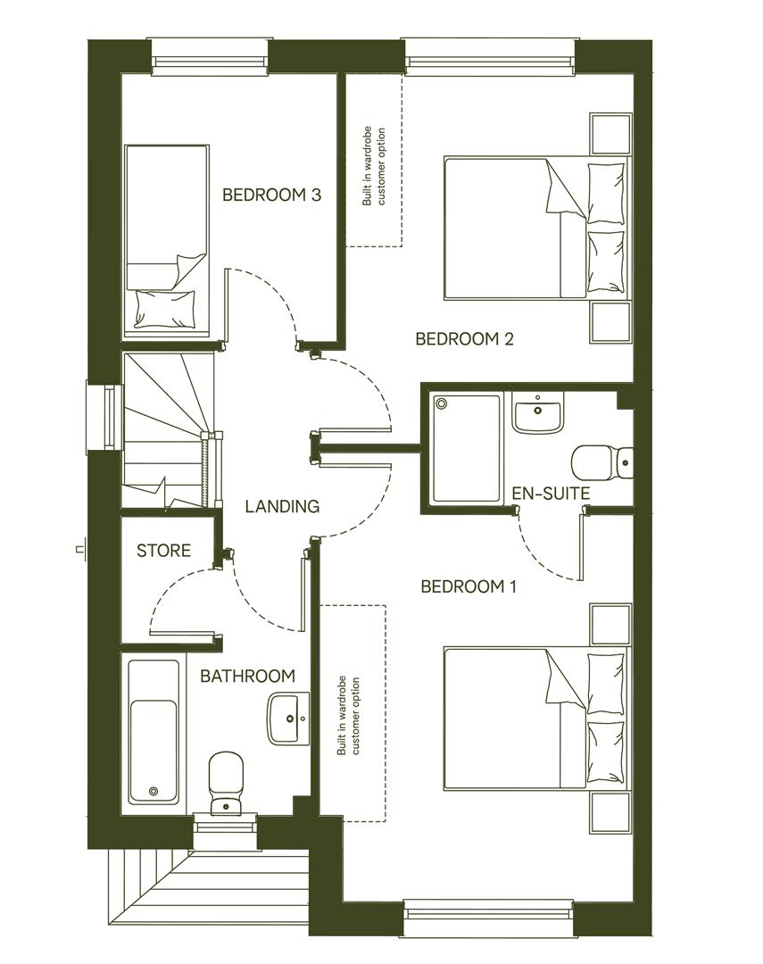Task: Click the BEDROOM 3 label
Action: (271, 195)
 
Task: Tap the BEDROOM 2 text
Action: (465, 339)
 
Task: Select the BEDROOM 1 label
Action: (469, 586)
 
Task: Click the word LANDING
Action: (282, 506)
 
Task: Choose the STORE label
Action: (163, 551)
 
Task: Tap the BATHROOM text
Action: (247, 676)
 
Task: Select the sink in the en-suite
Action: (537, 413)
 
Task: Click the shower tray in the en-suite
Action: (466, 447)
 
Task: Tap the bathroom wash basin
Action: (288, 718)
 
